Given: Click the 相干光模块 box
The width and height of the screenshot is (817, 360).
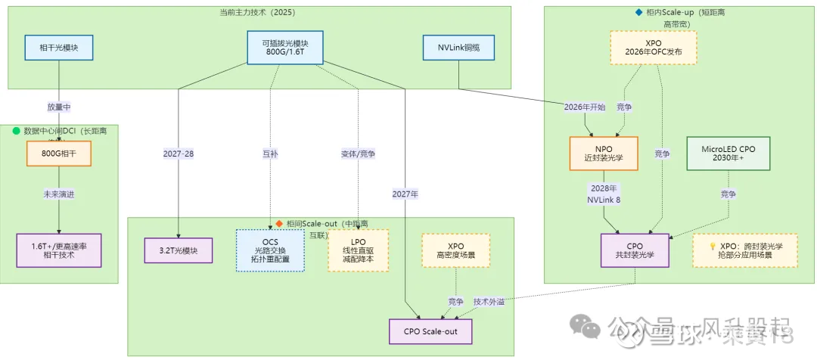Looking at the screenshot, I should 59,48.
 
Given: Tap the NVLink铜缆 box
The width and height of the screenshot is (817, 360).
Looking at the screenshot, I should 458,48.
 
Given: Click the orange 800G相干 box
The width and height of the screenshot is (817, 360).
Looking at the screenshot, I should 59,154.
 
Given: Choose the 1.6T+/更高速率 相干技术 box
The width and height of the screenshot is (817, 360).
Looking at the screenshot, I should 59,250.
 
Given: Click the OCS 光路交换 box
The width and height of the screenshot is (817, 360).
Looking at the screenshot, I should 270,250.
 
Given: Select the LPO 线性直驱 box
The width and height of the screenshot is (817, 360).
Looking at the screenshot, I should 358,250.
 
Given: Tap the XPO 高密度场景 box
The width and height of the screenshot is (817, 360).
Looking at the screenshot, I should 455,250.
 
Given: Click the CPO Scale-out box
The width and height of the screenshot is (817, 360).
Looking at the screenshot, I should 430,331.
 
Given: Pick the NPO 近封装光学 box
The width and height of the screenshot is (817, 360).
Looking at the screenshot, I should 603,154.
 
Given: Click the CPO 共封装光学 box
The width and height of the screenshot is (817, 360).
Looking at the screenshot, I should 635,250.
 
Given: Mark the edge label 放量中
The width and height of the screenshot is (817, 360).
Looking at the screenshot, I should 59,108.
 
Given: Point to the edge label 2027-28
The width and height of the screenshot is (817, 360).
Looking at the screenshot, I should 179,154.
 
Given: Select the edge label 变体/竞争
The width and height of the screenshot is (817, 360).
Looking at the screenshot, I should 358,154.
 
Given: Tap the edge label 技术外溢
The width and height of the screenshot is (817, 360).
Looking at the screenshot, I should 489,301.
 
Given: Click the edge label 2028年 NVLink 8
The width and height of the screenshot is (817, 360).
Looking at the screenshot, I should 603,193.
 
